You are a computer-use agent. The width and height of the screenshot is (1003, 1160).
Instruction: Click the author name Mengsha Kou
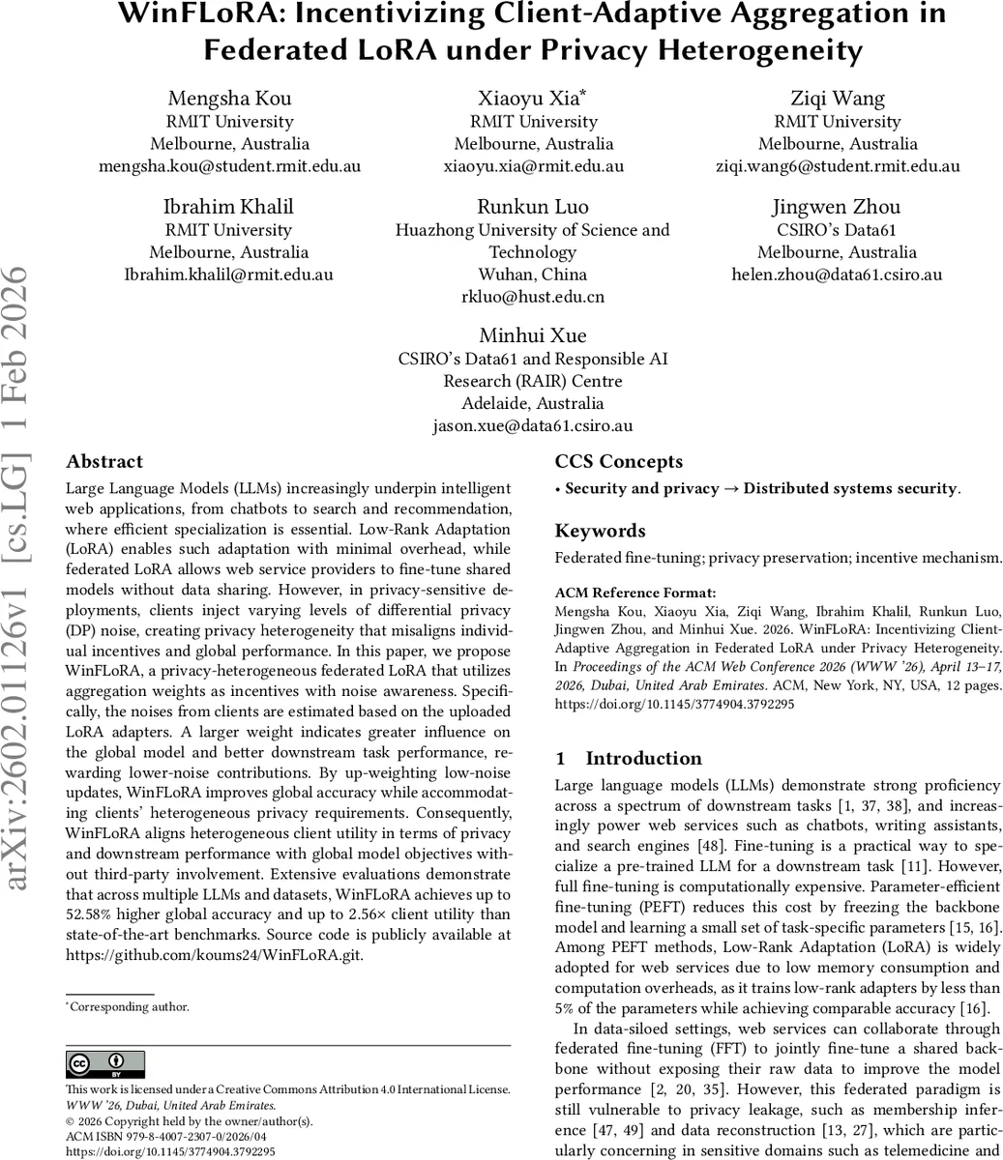pos(229,99)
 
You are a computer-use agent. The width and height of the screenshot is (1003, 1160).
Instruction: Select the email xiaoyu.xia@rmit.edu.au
pos(534,166)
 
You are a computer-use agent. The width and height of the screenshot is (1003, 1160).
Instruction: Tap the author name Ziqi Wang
pos(837,99)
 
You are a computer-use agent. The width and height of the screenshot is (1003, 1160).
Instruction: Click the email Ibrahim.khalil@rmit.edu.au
pos(228,275)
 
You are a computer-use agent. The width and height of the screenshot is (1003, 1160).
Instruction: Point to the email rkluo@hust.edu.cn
pos(533,297)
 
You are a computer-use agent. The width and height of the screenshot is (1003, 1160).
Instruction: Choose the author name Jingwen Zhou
pos(837,207)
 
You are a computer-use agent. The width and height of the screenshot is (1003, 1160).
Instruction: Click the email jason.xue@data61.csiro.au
pos(533,425)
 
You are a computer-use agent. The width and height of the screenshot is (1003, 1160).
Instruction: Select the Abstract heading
pos(104,462)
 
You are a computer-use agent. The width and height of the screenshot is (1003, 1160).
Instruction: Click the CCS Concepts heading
pos(619,462)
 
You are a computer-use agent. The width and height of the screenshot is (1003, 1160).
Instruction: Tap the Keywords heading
pos(600,531)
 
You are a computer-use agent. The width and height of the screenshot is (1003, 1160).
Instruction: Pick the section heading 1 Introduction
pos(629,759)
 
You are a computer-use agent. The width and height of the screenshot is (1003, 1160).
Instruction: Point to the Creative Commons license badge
pos(105,1064)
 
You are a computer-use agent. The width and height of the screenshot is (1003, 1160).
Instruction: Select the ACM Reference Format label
pos(622,593)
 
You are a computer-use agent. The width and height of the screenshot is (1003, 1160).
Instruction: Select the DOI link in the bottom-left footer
pos(170,1152)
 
